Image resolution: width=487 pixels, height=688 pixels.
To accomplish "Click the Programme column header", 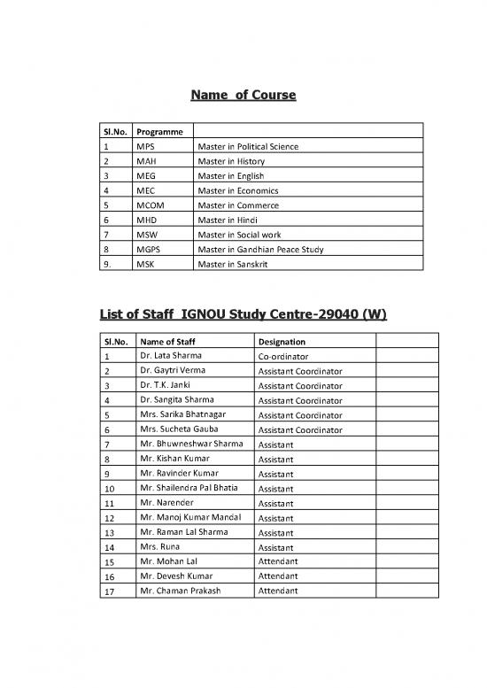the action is pos(158,130).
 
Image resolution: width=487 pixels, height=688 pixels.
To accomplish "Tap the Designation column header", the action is pos(282,341).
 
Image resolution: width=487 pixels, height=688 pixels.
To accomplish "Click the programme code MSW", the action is pos(147,235).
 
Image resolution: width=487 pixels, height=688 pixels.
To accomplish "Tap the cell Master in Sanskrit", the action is pos(231,264).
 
